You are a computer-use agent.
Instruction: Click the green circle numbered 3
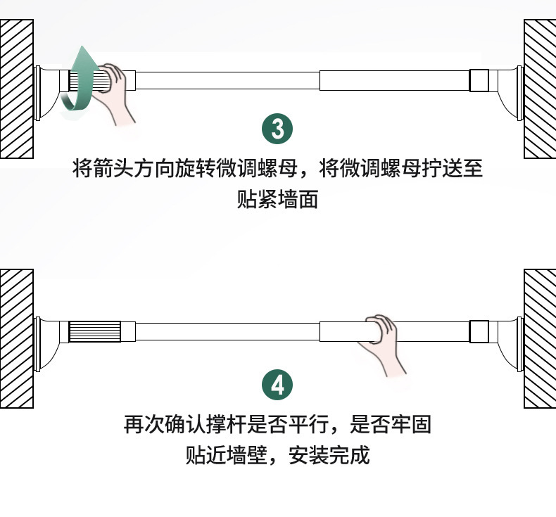click(x=277, y=130)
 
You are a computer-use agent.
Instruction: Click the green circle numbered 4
click(x=277, y=385)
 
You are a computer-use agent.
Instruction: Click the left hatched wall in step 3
click(x=16, y=88)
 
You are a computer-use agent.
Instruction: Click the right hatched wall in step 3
click(x=539, y=88)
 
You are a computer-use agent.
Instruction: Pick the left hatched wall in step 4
click(x=16, y=338)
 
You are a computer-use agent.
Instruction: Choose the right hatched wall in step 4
click(x=539, y=338)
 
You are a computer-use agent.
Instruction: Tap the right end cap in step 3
click(x=510, y=88)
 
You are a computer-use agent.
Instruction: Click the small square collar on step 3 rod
click(x=479, y=80)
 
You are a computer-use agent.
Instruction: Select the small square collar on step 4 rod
click(x=479, y=331)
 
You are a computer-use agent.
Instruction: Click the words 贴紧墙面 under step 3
click(x=278, y=200)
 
